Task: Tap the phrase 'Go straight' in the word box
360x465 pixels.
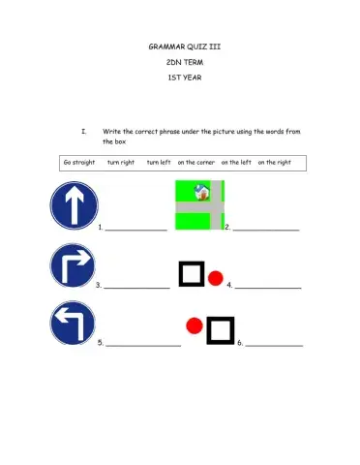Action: pos(78,162)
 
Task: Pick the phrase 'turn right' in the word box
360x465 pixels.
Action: pos(121,162)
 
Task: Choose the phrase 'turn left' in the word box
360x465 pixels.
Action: pos(159,162)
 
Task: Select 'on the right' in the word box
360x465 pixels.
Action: pos(274,162)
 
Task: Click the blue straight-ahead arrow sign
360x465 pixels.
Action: pos(74,206)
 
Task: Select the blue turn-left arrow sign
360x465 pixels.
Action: pos(74,324)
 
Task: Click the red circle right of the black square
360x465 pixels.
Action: pos(216,277)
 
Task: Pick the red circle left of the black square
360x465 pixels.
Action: pos(194,326)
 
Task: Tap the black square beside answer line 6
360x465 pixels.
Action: pos(221,330)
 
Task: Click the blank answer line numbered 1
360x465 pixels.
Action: pos(135,230)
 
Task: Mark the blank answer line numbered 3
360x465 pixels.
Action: pos(136,288)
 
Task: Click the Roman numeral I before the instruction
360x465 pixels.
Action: pos(84,131)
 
